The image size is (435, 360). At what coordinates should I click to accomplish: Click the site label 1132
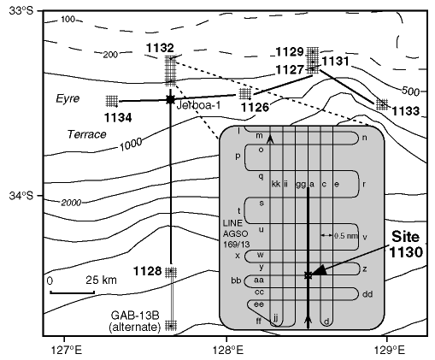click(160, 48)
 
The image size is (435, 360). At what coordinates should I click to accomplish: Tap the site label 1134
click(118, 118)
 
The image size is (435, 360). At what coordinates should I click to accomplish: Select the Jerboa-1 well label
click(198, 105)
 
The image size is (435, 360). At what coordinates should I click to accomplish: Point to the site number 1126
click(256, 107)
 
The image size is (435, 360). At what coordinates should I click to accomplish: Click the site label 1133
click(406, 111)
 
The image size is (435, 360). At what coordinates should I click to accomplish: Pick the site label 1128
click(148, 271)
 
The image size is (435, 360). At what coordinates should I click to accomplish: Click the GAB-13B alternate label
click(135, 321)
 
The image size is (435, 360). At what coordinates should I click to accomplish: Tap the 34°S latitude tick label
click(21, 196)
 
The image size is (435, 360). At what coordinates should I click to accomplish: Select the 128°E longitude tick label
click(228, 350)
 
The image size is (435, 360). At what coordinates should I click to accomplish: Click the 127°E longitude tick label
click(67, 350)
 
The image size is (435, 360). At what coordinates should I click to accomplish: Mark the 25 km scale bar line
click(73, 292)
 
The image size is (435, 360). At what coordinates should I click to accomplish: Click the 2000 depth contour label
click(71, 203)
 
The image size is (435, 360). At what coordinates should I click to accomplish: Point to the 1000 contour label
click(131, 145)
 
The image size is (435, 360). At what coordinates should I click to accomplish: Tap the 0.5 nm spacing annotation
click(345, 236)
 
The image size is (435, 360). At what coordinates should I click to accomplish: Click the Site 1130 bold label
click(406, 245)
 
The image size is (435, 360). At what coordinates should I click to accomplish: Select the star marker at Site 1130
click(308, 275)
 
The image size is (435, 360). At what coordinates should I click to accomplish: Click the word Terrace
click(86, 134)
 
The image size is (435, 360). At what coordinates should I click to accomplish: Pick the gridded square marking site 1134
click(112, 101)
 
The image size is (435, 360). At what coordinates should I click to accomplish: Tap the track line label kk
click(276, 184)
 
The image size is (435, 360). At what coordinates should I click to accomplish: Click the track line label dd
click(367, 294)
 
